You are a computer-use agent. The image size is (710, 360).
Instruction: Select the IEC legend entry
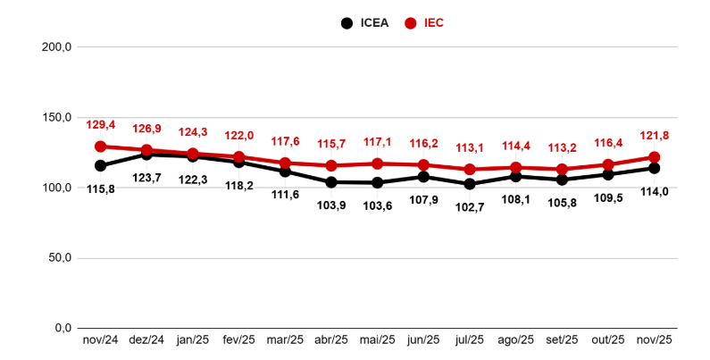pos(426,23)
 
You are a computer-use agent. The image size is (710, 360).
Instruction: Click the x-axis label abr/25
pos(331,340)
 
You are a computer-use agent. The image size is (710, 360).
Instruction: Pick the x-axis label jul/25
pos(470,340)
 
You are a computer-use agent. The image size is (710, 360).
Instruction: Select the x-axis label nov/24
pos(100,340)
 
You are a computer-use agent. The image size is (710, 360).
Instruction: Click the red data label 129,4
pos(100,125)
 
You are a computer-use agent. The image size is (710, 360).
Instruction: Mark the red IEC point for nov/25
pos(655,157)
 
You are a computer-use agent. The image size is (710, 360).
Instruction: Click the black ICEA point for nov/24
pos(100,165)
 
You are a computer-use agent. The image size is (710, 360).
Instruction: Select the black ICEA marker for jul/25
pos(470,184)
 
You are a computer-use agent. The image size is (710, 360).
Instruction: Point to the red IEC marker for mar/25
pos(285,163)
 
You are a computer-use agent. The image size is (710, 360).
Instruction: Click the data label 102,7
pos(470,206)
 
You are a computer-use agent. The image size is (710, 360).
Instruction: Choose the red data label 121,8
pos(655,136)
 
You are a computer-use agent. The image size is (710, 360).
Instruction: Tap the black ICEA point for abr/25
pos(331,182)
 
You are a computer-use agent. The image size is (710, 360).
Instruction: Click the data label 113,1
pos(470,148)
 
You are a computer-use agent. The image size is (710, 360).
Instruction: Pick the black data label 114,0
pos(655,191)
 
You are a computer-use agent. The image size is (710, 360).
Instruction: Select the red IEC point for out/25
pos(608,164)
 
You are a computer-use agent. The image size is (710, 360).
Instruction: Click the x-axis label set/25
pos(562,340)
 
